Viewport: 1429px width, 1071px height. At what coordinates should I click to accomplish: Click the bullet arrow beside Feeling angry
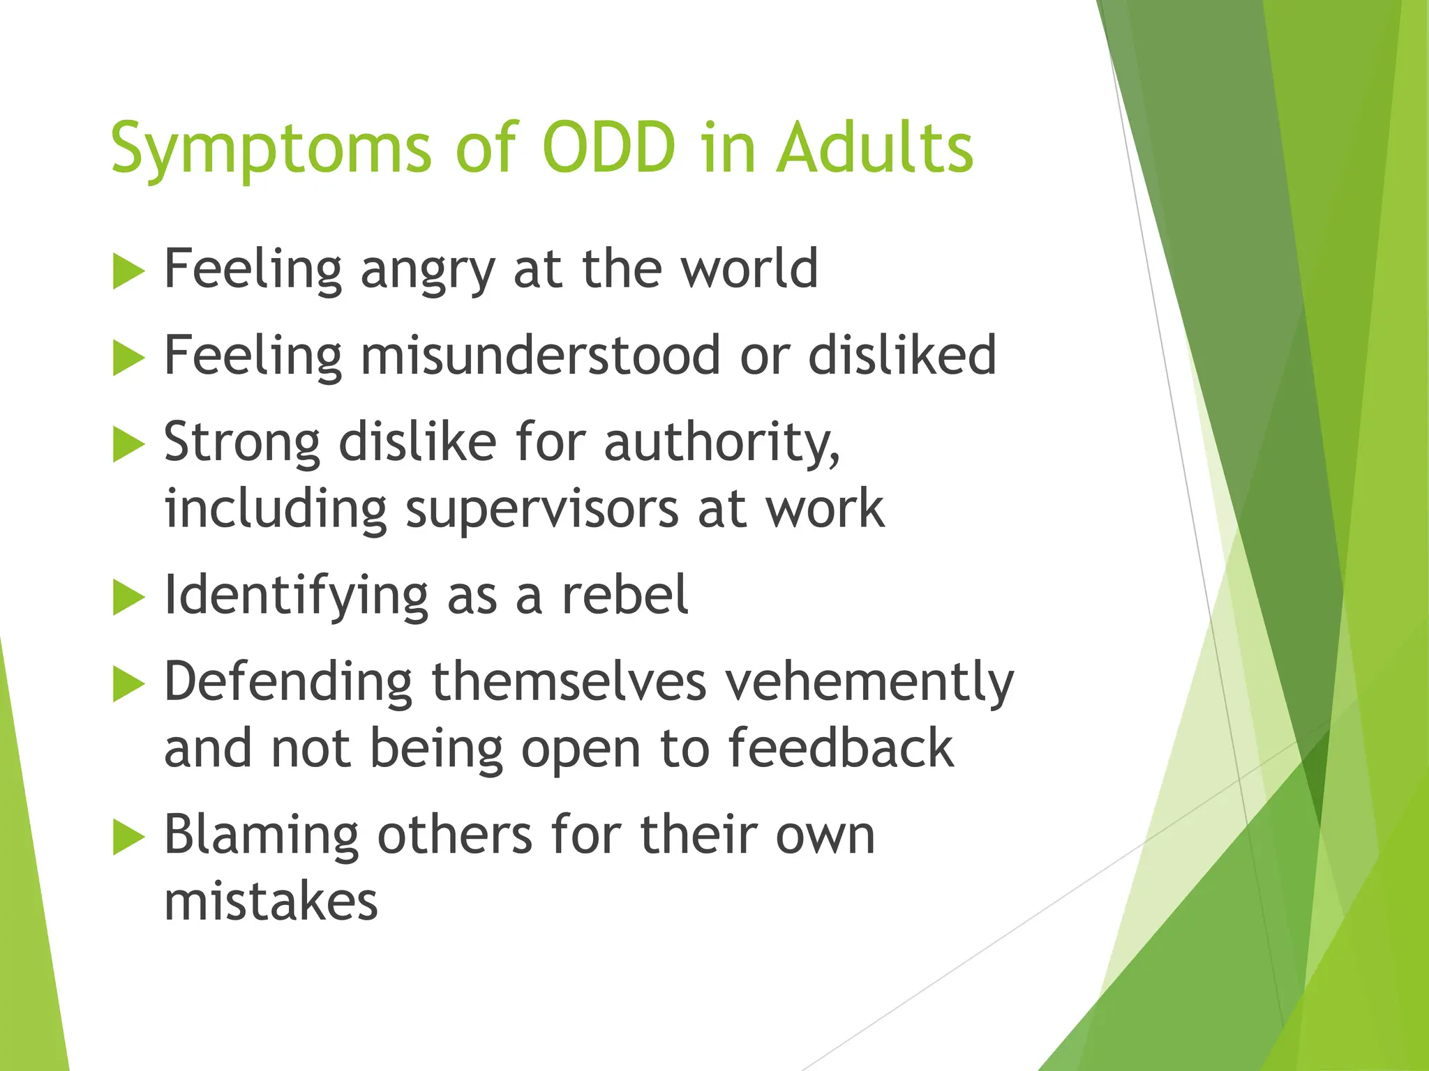pyautogui.click(x=128, y=271)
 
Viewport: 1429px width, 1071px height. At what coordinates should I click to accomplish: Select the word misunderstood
pyautogui.click(x=540, y=355)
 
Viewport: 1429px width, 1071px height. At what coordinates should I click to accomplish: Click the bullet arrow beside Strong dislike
pyautogui.click(x=128, y=445)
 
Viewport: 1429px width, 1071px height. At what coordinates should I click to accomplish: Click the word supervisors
pyautogui.click(x=542, y=510)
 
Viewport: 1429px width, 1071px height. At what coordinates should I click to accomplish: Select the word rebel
pyautogui.click(x=625, y=595)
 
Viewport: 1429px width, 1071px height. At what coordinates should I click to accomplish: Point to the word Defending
pyautogui.click(x=288, y=682)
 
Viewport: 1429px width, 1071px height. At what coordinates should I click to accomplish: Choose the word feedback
pyautogui.click(x=841, y=748)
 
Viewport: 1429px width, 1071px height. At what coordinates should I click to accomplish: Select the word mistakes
pyautogui.click(x=271, y=902)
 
